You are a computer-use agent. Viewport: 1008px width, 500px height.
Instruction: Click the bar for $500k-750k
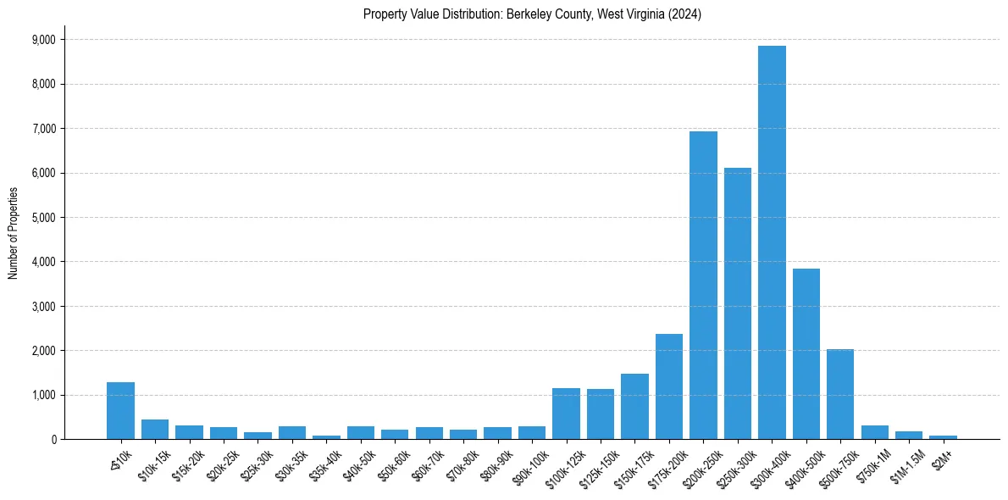coord(840,394)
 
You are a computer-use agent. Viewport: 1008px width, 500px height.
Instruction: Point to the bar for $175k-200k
coord(668,386)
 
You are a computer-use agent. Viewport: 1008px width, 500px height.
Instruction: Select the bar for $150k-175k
coord(634,407)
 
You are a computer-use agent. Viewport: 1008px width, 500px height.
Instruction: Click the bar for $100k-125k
coord(566,414)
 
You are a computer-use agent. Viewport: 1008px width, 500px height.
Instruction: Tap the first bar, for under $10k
coord(120,411)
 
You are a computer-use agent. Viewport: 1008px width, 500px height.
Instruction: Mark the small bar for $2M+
coord(943,437)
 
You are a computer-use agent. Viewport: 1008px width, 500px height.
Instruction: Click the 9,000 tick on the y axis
coord(42,40)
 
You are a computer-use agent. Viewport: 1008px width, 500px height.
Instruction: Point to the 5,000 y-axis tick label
coord(42,218)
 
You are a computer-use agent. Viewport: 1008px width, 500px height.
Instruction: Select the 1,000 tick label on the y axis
coord(42,395)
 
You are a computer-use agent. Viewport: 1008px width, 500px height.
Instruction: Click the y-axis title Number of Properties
coord(13,233)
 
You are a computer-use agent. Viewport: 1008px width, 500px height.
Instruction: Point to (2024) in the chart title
coord(684,14)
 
